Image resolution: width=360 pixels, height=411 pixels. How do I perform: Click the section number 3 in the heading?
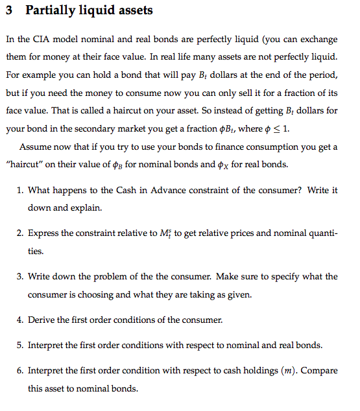(x=10, y=11)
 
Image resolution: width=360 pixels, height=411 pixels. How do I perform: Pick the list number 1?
(x=21, y=191)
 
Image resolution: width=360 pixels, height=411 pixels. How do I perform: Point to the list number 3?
(x=21, y=276)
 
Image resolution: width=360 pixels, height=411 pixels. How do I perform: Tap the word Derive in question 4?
(x=41, y=320)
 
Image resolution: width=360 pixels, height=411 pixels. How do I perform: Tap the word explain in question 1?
(x=82, y=209)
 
